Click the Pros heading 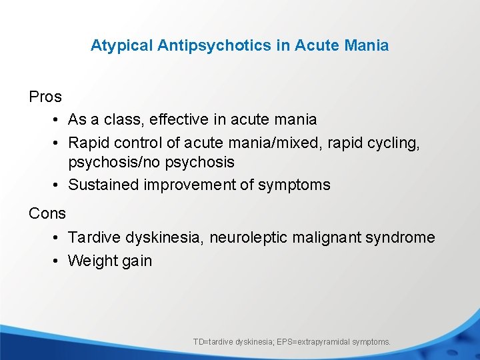(x=45, y=97)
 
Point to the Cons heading (x=47, y=213)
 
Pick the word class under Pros (x=123, y=119)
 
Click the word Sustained (x=103, y=185)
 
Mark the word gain (x=137, y=261)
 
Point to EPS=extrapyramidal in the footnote (x=313, y=342)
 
